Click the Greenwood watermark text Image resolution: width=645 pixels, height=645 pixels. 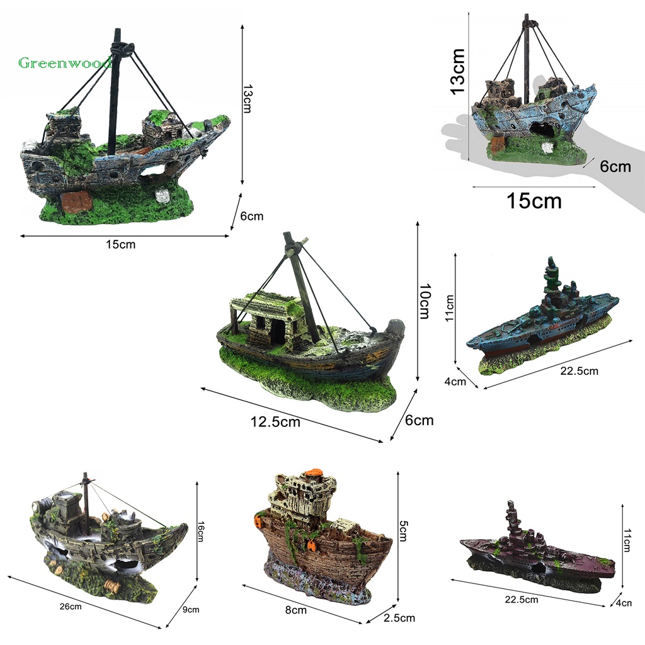tap(65, 63)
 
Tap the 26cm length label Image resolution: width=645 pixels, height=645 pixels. tap(71, 607)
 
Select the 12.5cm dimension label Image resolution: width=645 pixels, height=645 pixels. tap(275, 422)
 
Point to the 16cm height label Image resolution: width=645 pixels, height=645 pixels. tap(200, 532)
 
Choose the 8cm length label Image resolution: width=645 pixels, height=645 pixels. tap(296, 610)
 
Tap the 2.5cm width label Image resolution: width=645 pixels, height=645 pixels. tap(399, 618)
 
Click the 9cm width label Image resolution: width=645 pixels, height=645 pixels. tap(191, 610)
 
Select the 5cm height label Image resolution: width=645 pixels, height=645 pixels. tap(403, 531)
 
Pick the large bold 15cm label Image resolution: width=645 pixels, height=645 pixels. tap(534, 201)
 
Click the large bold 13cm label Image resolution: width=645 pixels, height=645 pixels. tap(458, 72)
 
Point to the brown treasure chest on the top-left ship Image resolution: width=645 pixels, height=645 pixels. tap(76, 202)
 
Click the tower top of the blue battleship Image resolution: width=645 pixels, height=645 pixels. tap(551, 263)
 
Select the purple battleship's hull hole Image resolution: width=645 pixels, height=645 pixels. tap(540, 569)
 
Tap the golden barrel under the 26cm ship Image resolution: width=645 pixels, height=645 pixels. tap(111, 585)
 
